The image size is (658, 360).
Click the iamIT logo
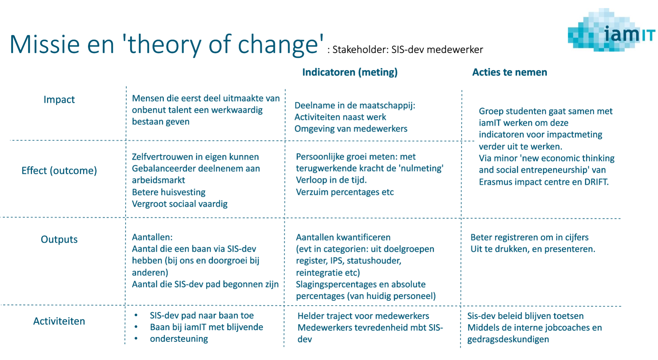pyautogui.click(x=611, y=31)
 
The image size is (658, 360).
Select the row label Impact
pyautogui.click(x=59, y=100)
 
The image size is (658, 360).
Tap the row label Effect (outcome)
pyautogui.click(x=59, y=171)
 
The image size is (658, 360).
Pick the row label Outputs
pyautogui.click(x=59, y=239)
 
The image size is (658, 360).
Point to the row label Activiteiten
pyautogui.click(x=59, y=321)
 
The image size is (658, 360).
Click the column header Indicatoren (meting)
pyautogui.click(x=350, y=72)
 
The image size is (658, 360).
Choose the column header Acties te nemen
pyautogui.click(x=509, y=72)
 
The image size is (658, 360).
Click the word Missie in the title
pyautogui.click(x=45, y=44)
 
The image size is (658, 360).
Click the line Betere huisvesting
pyautogui.click(x=169, y=192)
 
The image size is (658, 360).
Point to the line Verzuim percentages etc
pyautogui.click(x=345, y=192)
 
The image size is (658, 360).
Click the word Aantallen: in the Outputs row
pyautogui.click(x=152, y=237)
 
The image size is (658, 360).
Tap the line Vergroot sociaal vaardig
pyautogui.click(x=179, y=204)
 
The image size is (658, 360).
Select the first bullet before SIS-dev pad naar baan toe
pyautogui.click(x=136, y=315)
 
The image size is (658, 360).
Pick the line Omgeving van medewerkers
pyautogui.click(x=351, y=129)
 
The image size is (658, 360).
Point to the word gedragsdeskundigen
pyautogui.click(x=508, y=340)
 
